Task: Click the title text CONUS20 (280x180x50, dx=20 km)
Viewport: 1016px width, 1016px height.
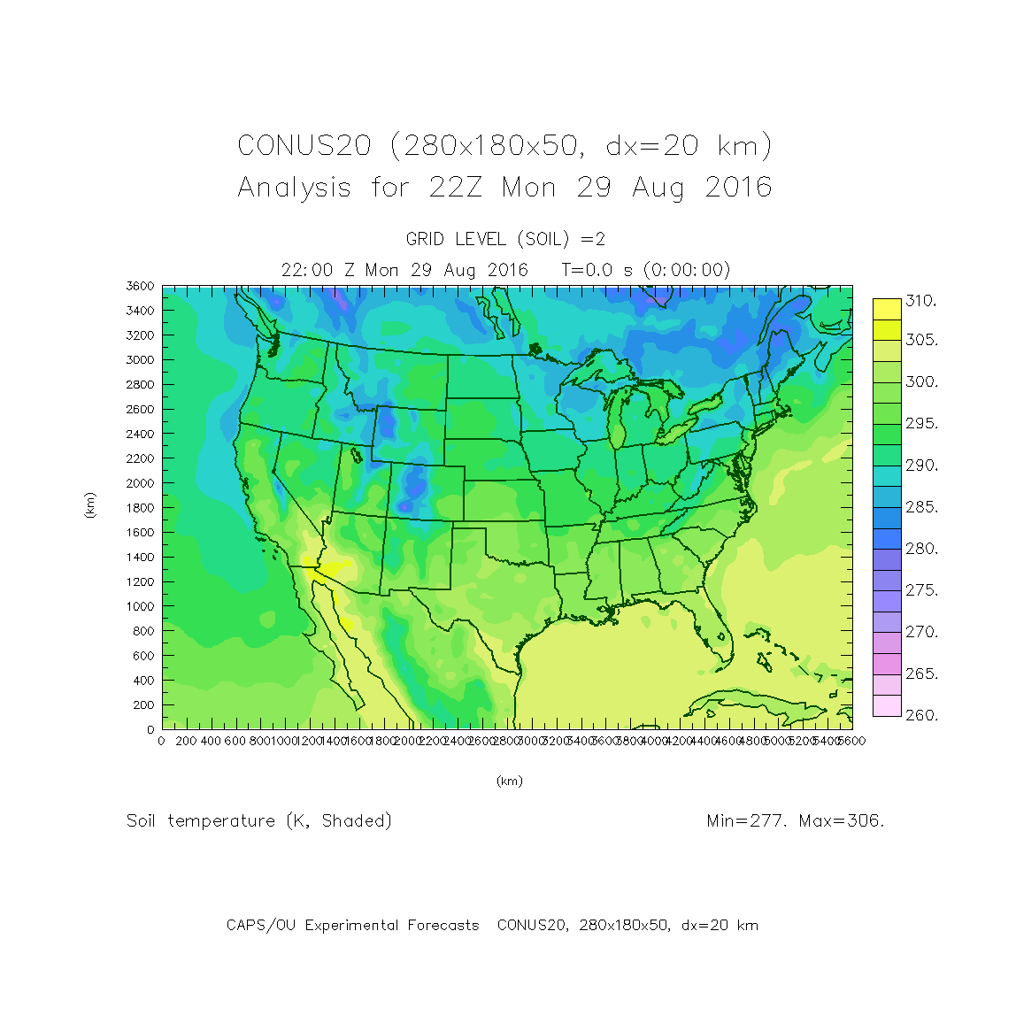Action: [x=504, y=145]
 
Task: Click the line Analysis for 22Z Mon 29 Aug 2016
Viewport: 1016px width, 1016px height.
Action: [x=504, y=188]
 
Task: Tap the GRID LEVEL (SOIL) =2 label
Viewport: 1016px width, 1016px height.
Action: [x=505, y=239]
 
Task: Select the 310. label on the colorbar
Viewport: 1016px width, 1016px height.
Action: [x=920, y=301]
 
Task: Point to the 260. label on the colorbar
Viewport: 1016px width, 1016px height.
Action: [x=920, y=715]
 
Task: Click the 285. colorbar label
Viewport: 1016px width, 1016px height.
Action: [x=920, y=507]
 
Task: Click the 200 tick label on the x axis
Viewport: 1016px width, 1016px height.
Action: [x=186, y=741]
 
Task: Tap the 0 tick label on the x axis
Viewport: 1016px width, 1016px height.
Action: [x=161, y=741]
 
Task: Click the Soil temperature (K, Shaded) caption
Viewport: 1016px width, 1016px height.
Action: [x=259, y=821]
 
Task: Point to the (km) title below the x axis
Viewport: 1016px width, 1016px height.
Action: [x=509, y=781]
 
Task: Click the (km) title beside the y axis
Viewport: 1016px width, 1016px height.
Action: [x=90, y=505]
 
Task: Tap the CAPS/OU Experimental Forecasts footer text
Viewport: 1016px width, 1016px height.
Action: [x=352, y=925]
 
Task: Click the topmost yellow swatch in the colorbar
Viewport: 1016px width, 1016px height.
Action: [x=887, y=309]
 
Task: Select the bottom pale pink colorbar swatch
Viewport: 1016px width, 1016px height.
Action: [x=887, y=705]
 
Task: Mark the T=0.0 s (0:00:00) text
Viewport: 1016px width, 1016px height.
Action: [x=646, y=270]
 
